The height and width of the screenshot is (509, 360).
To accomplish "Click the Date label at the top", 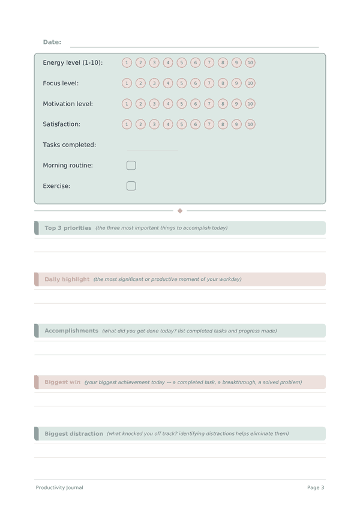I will tap(52, 42).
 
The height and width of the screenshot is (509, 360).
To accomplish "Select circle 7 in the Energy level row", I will tap(209, 62).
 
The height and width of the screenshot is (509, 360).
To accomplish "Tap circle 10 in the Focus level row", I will tap(250, 83).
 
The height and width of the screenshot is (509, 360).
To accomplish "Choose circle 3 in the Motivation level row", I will tap(154, 104).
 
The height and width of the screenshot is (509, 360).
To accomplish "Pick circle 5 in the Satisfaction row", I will tap(182, 124).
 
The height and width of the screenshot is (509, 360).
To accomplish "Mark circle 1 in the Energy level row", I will tap(127, 62).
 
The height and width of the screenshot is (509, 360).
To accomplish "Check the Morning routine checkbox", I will tap(131, 165).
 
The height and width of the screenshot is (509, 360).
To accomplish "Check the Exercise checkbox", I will tap(131, 186).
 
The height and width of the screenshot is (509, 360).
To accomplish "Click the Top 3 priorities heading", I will tap(68, 228).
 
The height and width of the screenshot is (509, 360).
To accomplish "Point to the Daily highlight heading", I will tap(67, 279).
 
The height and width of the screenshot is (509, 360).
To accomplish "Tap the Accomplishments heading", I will tap(71, 331).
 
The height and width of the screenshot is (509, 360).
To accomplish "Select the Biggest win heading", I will tap(62, 382).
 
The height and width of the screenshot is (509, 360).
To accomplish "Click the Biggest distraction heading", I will tap(74, 433).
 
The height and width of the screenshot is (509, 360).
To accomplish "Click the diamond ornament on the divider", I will tap(180, 211).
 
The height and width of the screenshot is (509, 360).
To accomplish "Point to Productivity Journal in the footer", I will tap(59, 487).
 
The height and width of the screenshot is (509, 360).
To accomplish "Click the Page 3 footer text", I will tap(316, 487).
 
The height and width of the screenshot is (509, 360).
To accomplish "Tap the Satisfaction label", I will tap(61, 124).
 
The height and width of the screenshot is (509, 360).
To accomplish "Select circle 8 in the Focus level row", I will tap(223, 83).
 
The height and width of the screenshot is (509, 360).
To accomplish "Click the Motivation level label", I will tap(68, 104).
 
